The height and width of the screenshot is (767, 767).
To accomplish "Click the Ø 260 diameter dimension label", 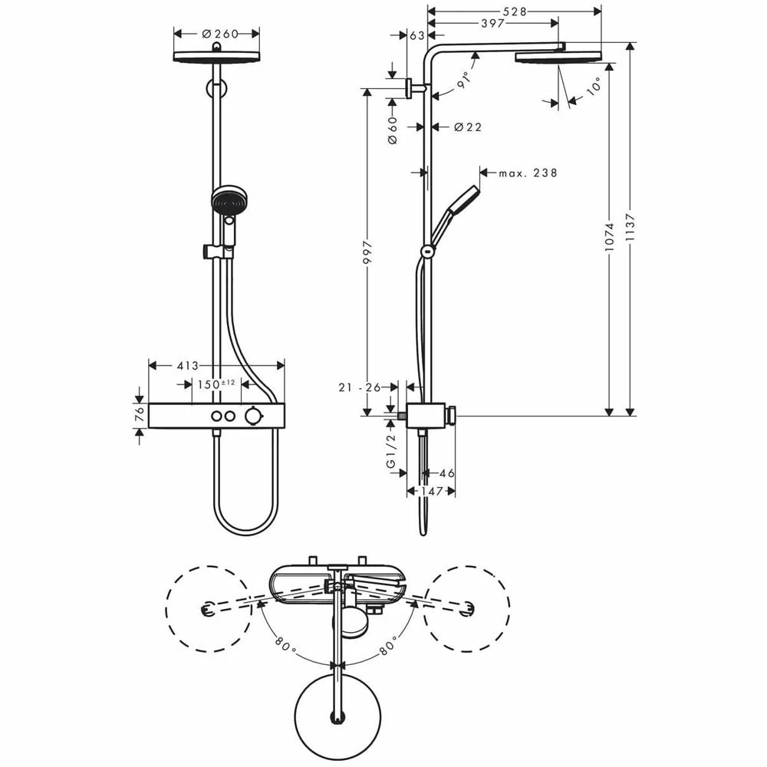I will point(219,34).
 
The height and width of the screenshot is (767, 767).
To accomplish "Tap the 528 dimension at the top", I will point(514,11).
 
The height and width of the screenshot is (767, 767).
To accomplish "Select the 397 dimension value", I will point(492,24).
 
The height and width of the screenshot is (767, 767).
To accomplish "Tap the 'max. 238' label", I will point(528,173).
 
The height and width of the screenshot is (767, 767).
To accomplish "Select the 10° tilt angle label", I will point(594,88).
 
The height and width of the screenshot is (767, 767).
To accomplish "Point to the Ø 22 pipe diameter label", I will point(468,127).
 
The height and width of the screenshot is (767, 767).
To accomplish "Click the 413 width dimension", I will point(189,366).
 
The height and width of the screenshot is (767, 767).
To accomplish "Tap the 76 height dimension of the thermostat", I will point(139,415).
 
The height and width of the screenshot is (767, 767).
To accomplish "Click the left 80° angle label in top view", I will point(284,649).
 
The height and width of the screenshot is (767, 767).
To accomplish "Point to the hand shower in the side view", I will point(453,211).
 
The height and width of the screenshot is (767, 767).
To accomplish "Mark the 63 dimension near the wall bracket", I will point(417,35).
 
